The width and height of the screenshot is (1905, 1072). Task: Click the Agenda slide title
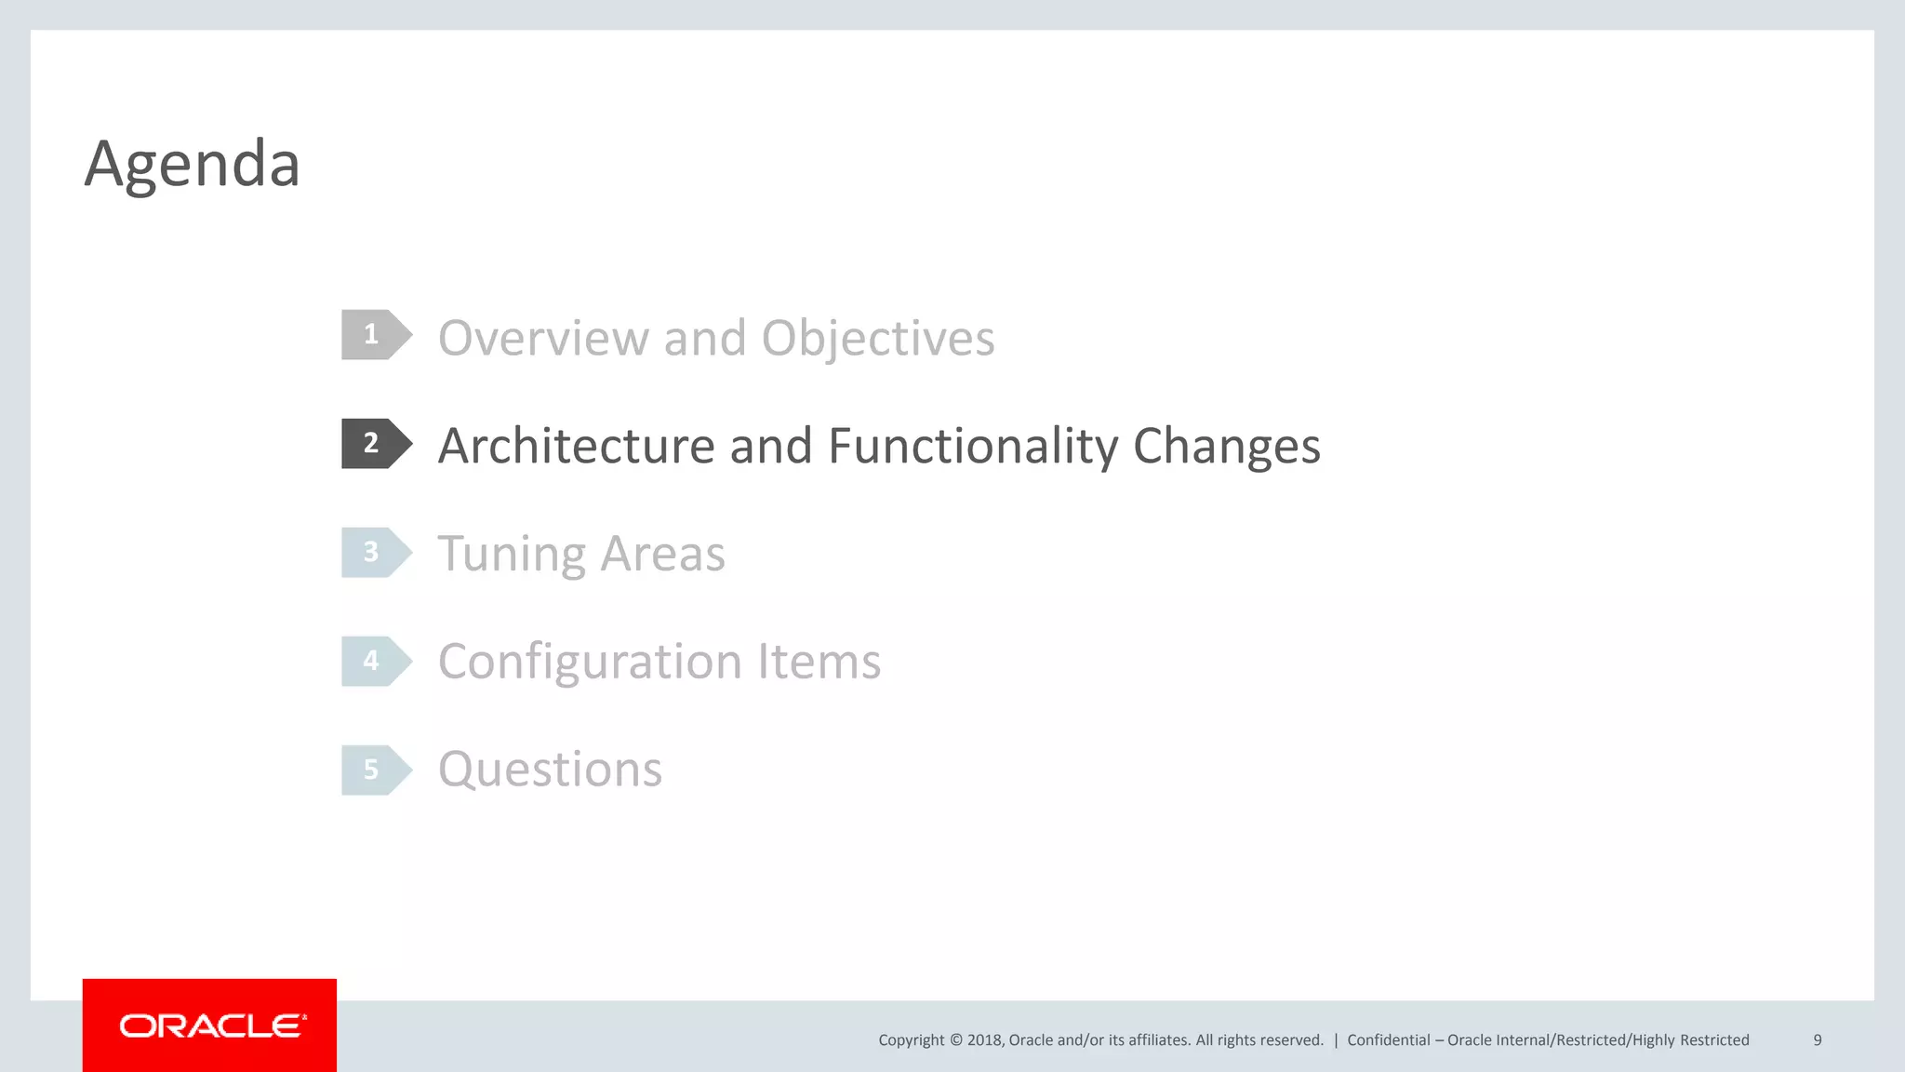[192, 164]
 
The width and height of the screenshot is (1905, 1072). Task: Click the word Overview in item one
[543, 338]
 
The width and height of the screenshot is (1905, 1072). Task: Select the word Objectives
[877, 338]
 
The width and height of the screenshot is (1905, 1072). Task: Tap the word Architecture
[576, 446]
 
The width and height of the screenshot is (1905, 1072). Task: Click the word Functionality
[972, 446]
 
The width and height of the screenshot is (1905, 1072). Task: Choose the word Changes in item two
[1226, 446]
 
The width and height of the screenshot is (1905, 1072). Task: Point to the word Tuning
[512, 555]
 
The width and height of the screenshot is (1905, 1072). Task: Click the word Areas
[662, 555]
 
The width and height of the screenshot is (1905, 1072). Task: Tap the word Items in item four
[819, 663]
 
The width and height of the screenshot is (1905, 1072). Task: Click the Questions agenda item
[550, 770]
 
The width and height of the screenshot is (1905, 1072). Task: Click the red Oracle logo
[210, 1025]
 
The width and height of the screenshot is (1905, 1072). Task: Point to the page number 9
[1817, 1040]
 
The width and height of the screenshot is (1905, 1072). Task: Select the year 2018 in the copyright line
[984, 1040]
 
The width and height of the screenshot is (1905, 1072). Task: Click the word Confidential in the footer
[1388, 1040]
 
